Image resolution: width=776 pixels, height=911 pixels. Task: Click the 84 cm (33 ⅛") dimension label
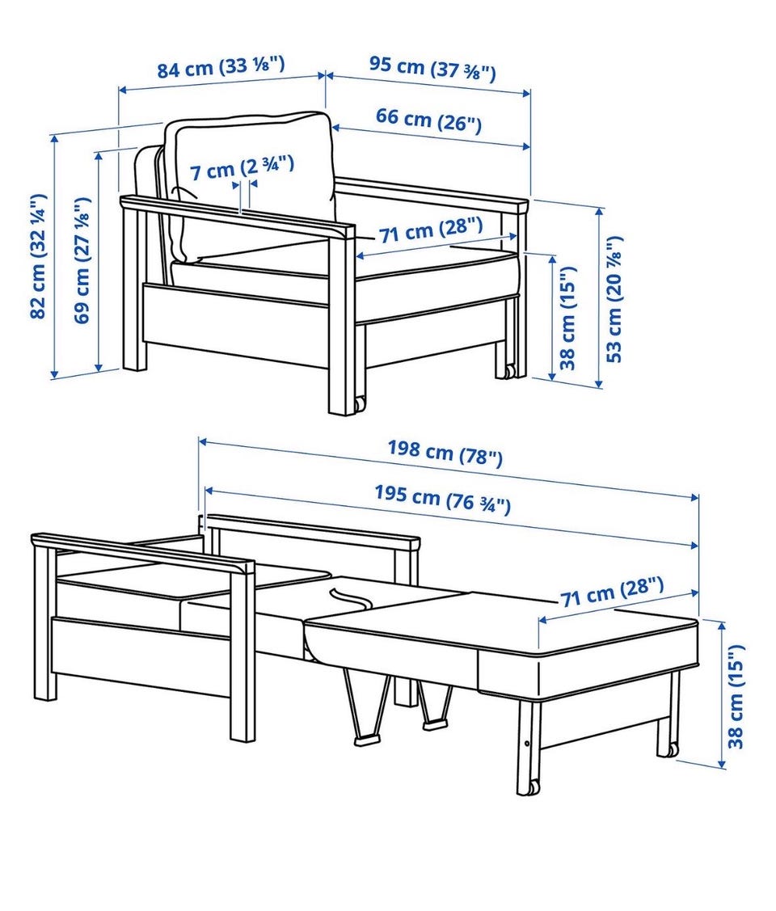[221, 66]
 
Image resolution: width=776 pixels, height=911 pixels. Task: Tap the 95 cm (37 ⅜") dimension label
[432, 70]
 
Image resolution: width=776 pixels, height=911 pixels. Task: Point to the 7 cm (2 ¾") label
[242, 168]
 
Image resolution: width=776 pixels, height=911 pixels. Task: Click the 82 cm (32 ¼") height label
[38, 256]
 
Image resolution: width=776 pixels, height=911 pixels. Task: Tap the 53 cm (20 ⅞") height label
[614, 299]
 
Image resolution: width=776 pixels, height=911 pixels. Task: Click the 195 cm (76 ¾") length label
[443, 499]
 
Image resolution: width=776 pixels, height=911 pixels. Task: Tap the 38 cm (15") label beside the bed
[736, 696]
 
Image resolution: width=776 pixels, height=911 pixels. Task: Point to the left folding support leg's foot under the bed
[366, 740]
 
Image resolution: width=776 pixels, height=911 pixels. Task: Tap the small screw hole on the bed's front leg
[526, 744]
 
